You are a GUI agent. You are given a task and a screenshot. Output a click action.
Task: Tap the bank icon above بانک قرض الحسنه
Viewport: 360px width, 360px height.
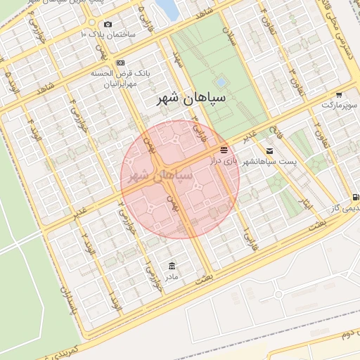[x=120, y=63]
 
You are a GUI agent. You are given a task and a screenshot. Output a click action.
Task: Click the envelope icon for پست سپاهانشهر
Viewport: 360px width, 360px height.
[x=270, y=151]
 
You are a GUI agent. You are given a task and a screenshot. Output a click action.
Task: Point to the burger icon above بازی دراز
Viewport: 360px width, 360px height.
[x=224, y=150]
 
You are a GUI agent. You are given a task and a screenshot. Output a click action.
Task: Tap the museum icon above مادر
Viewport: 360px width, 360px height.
[x=172, y=265]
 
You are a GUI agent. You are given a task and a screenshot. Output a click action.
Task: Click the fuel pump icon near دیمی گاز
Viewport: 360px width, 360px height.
[x=355, y=198]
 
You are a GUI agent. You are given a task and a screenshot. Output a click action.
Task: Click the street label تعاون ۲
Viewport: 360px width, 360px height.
[x=317, y=132]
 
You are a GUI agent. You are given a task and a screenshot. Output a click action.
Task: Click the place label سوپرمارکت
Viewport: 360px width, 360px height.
[x=340, y=105]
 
